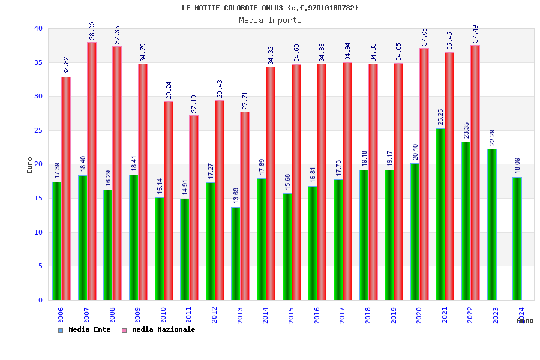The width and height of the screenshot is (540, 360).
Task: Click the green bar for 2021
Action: pos(440,214)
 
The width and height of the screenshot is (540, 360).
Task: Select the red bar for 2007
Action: pos(92,171)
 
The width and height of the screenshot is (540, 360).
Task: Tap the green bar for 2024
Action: pos(517,238)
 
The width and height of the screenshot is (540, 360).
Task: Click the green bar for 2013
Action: pos(236,253)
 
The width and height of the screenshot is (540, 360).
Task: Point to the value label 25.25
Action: pos(440,118)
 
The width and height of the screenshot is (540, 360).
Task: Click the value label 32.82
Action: pos(67,65)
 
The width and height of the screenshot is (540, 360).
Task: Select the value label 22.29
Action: pos(492,138)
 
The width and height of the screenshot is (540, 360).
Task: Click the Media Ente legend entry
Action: pos(85,330)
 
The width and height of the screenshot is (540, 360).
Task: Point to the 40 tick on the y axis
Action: pos(38,28)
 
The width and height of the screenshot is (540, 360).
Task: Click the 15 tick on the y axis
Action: pos(38,198)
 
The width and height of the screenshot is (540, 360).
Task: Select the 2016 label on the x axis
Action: pos(317,315)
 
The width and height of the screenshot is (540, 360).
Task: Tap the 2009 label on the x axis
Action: pos(138,315)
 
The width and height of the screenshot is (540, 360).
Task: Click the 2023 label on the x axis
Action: pos(496,315)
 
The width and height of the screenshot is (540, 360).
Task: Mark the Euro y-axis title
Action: pos(30,165)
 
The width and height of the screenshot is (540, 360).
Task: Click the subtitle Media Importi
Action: pos(270,20)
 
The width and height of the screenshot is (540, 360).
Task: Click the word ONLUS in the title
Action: pos(270,8)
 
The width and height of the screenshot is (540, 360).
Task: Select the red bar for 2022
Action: pos(475,172)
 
